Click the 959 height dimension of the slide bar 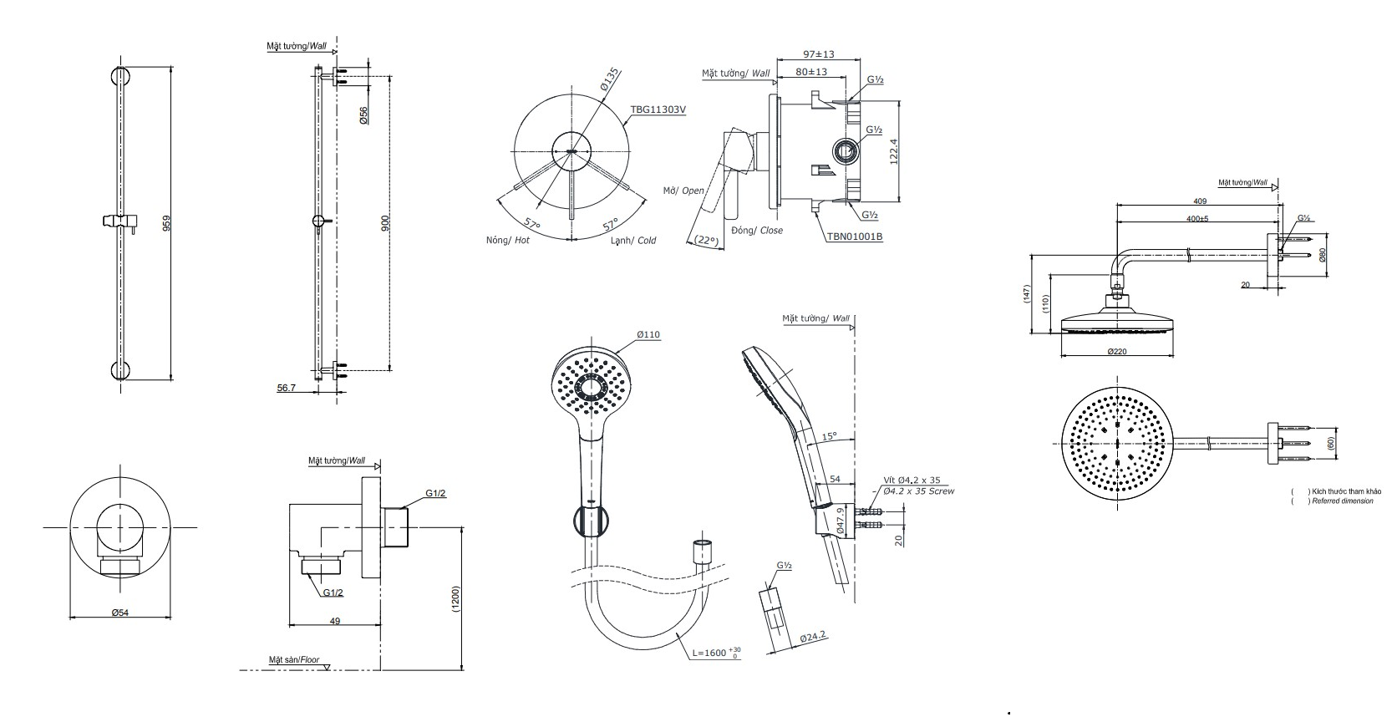166,224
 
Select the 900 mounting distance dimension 384,223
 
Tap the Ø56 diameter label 363,115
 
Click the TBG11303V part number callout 658,109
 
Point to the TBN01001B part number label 855,236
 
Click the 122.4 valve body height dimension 892,152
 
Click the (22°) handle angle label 707,240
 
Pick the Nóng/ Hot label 507,241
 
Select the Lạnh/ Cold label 632,241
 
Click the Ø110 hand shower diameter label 648,334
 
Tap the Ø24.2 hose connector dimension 812,638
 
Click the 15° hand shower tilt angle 828,436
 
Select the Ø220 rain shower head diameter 1117,352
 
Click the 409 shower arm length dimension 1200,201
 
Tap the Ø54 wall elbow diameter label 120,613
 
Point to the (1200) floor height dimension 455,598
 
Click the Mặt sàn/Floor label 294,660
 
